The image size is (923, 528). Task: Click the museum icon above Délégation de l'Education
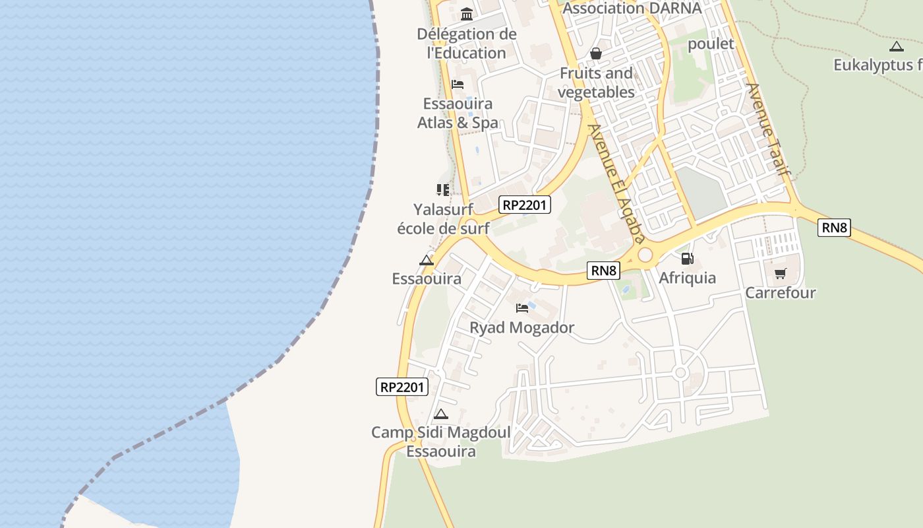click(x=467, y=14)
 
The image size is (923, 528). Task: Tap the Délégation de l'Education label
click(x=467, y=44)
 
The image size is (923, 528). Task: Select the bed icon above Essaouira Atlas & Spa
click(x=457, y=84)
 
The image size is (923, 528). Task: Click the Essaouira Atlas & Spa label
click(x=458, y=114)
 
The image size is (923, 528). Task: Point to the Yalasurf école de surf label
click(x=443, y=219)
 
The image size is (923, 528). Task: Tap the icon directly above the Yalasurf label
click(x=442, y=190)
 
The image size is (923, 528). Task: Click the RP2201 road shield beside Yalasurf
click(x=524, y=205)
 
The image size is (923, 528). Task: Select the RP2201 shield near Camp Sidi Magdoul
click(x=402, y=387)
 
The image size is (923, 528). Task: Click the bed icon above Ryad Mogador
click(x=522, y=308)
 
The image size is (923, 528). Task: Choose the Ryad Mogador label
click(x=521, y=327)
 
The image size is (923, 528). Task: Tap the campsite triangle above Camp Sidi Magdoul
click(x=441, y=414)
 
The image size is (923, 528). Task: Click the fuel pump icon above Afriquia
click(x=687, y=259)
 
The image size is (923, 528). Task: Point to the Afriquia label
click(x=687, y=278)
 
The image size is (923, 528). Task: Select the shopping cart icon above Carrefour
click(x=781, y=273)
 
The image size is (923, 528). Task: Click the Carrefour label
click(x=781, y=292)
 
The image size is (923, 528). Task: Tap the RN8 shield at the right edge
click(x=834, y=228)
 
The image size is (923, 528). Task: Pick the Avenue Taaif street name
click(x=768, y=129)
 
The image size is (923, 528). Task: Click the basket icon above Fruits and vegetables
click(x=596, y=53)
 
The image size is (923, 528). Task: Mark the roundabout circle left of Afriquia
click(x=645, y=255)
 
